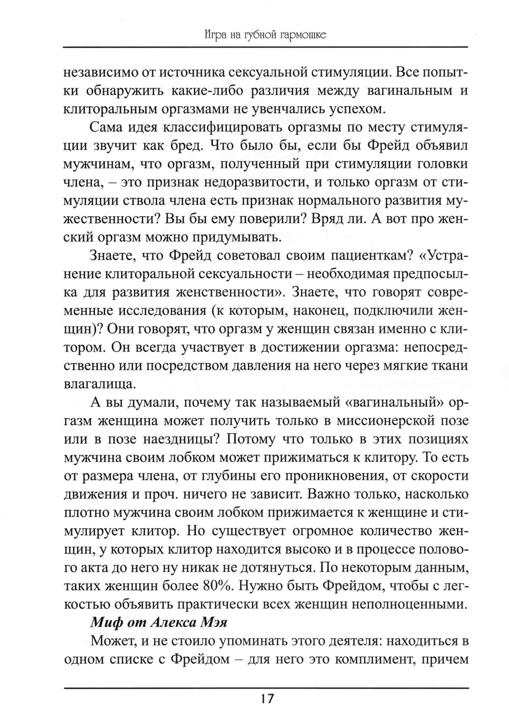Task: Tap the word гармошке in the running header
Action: pos(303,35)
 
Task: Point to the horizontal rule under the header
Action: pos(265,48)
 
